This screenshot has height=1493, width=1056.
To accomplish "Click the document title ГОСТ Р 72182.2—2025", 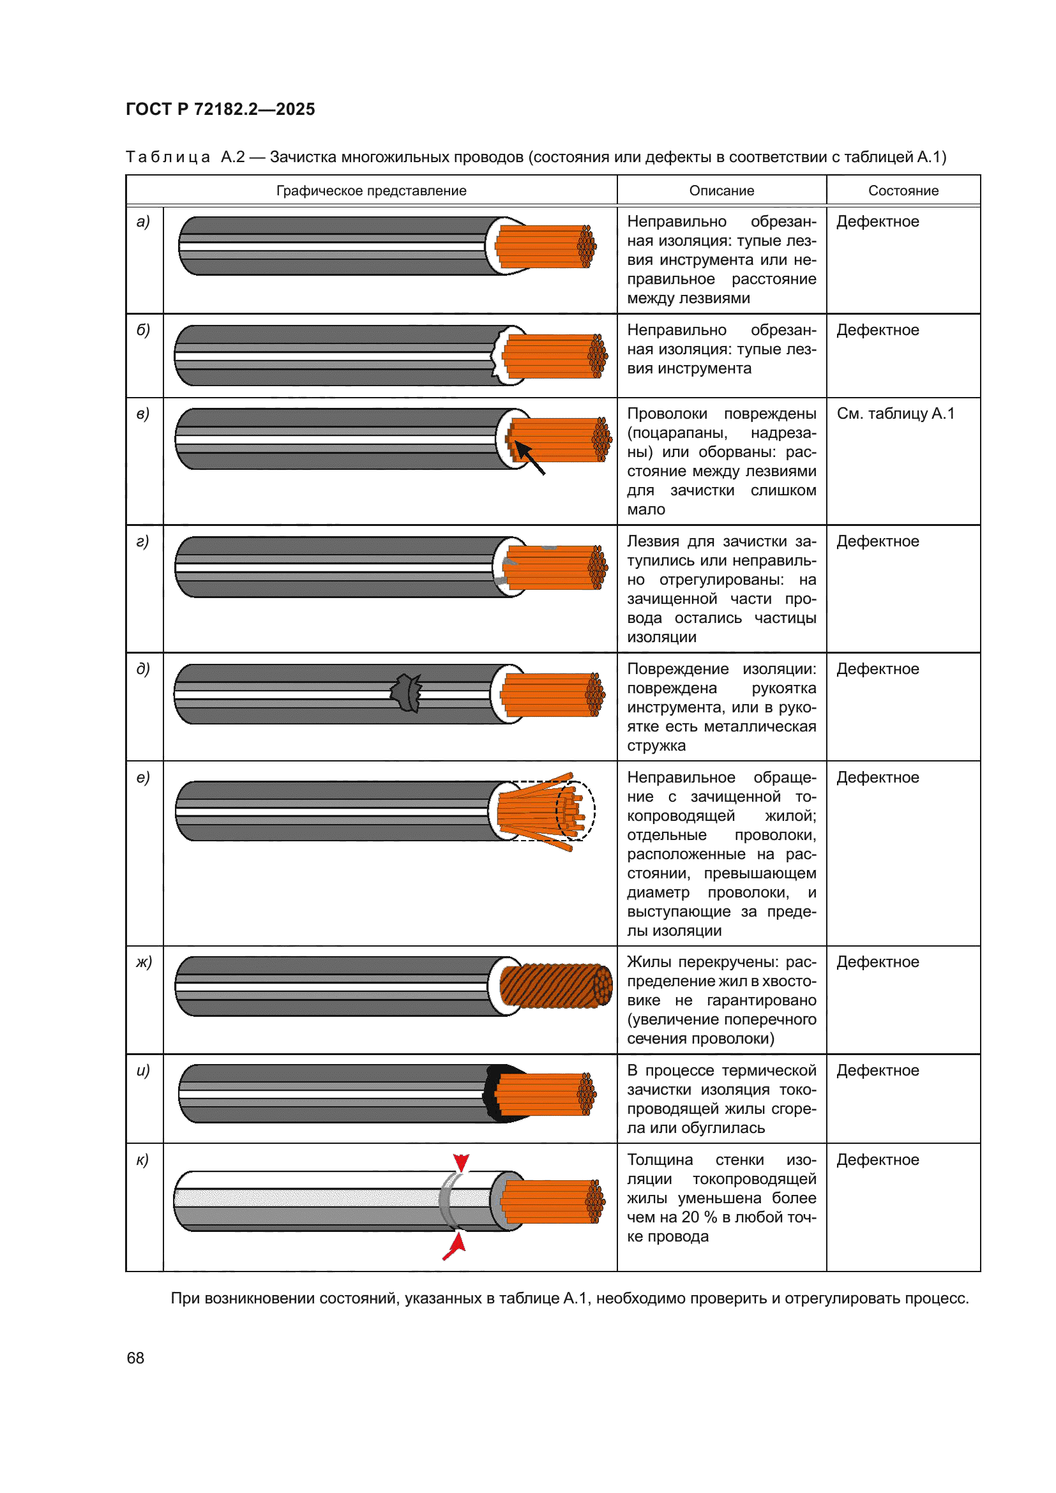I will pos(220,109).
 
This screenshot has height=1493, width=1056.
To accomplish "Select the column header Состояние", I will pos(903,190).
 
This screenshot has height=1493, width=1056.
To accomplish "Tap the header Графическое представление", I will pos(371,190).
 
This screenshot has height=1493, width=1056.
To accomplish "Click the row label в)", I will pos(143,414).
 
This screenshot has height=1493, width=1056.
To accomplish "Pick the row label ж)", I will pos(144,962).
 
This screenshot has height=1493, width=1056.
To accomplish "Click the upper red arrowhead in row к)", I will pos(461,1162).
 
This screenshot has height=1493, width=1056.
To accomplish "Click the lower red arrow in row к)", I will pos(456,1245).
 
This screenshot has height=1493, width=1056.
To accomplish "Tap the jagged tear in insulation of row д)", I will pos(407,693).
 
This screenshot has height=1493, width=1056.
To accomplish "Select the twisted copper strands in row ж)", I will pos(554,986).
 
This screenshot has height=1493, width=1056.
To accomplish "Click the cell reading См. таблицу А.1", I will pos(894,414).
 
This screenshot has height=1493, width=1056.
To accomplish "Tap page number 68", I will pos(135,1358).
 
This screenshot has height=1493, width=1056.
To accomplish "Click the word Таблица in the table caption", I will pos(168,157).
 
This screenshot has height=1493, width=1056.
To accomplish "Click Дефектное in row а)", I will pos(877,221).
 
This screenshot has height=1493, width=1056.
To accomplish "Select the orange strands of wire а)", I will pos(543,246).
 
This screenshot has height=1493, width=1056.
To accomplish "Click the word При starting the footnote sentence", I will pos(184,1298).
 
